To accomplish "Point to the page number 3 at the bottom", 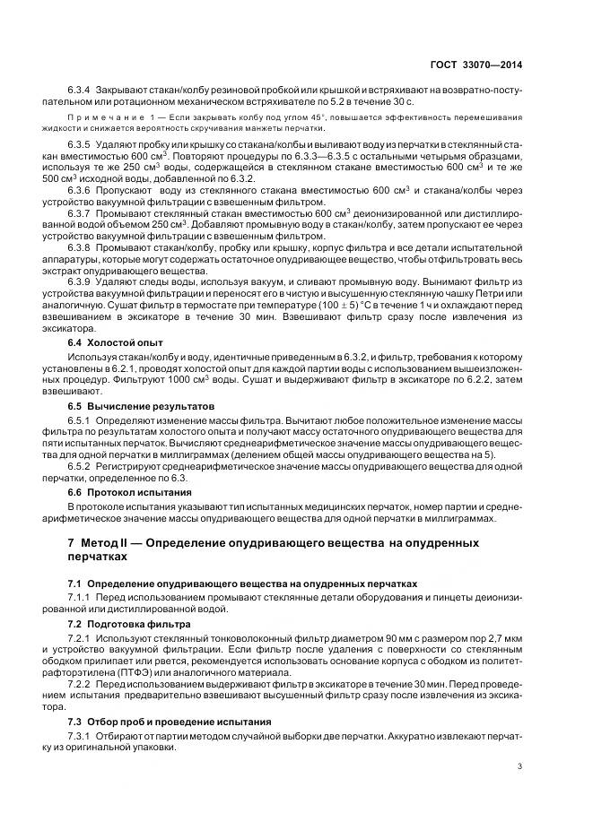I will click(x=521, y=765).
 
